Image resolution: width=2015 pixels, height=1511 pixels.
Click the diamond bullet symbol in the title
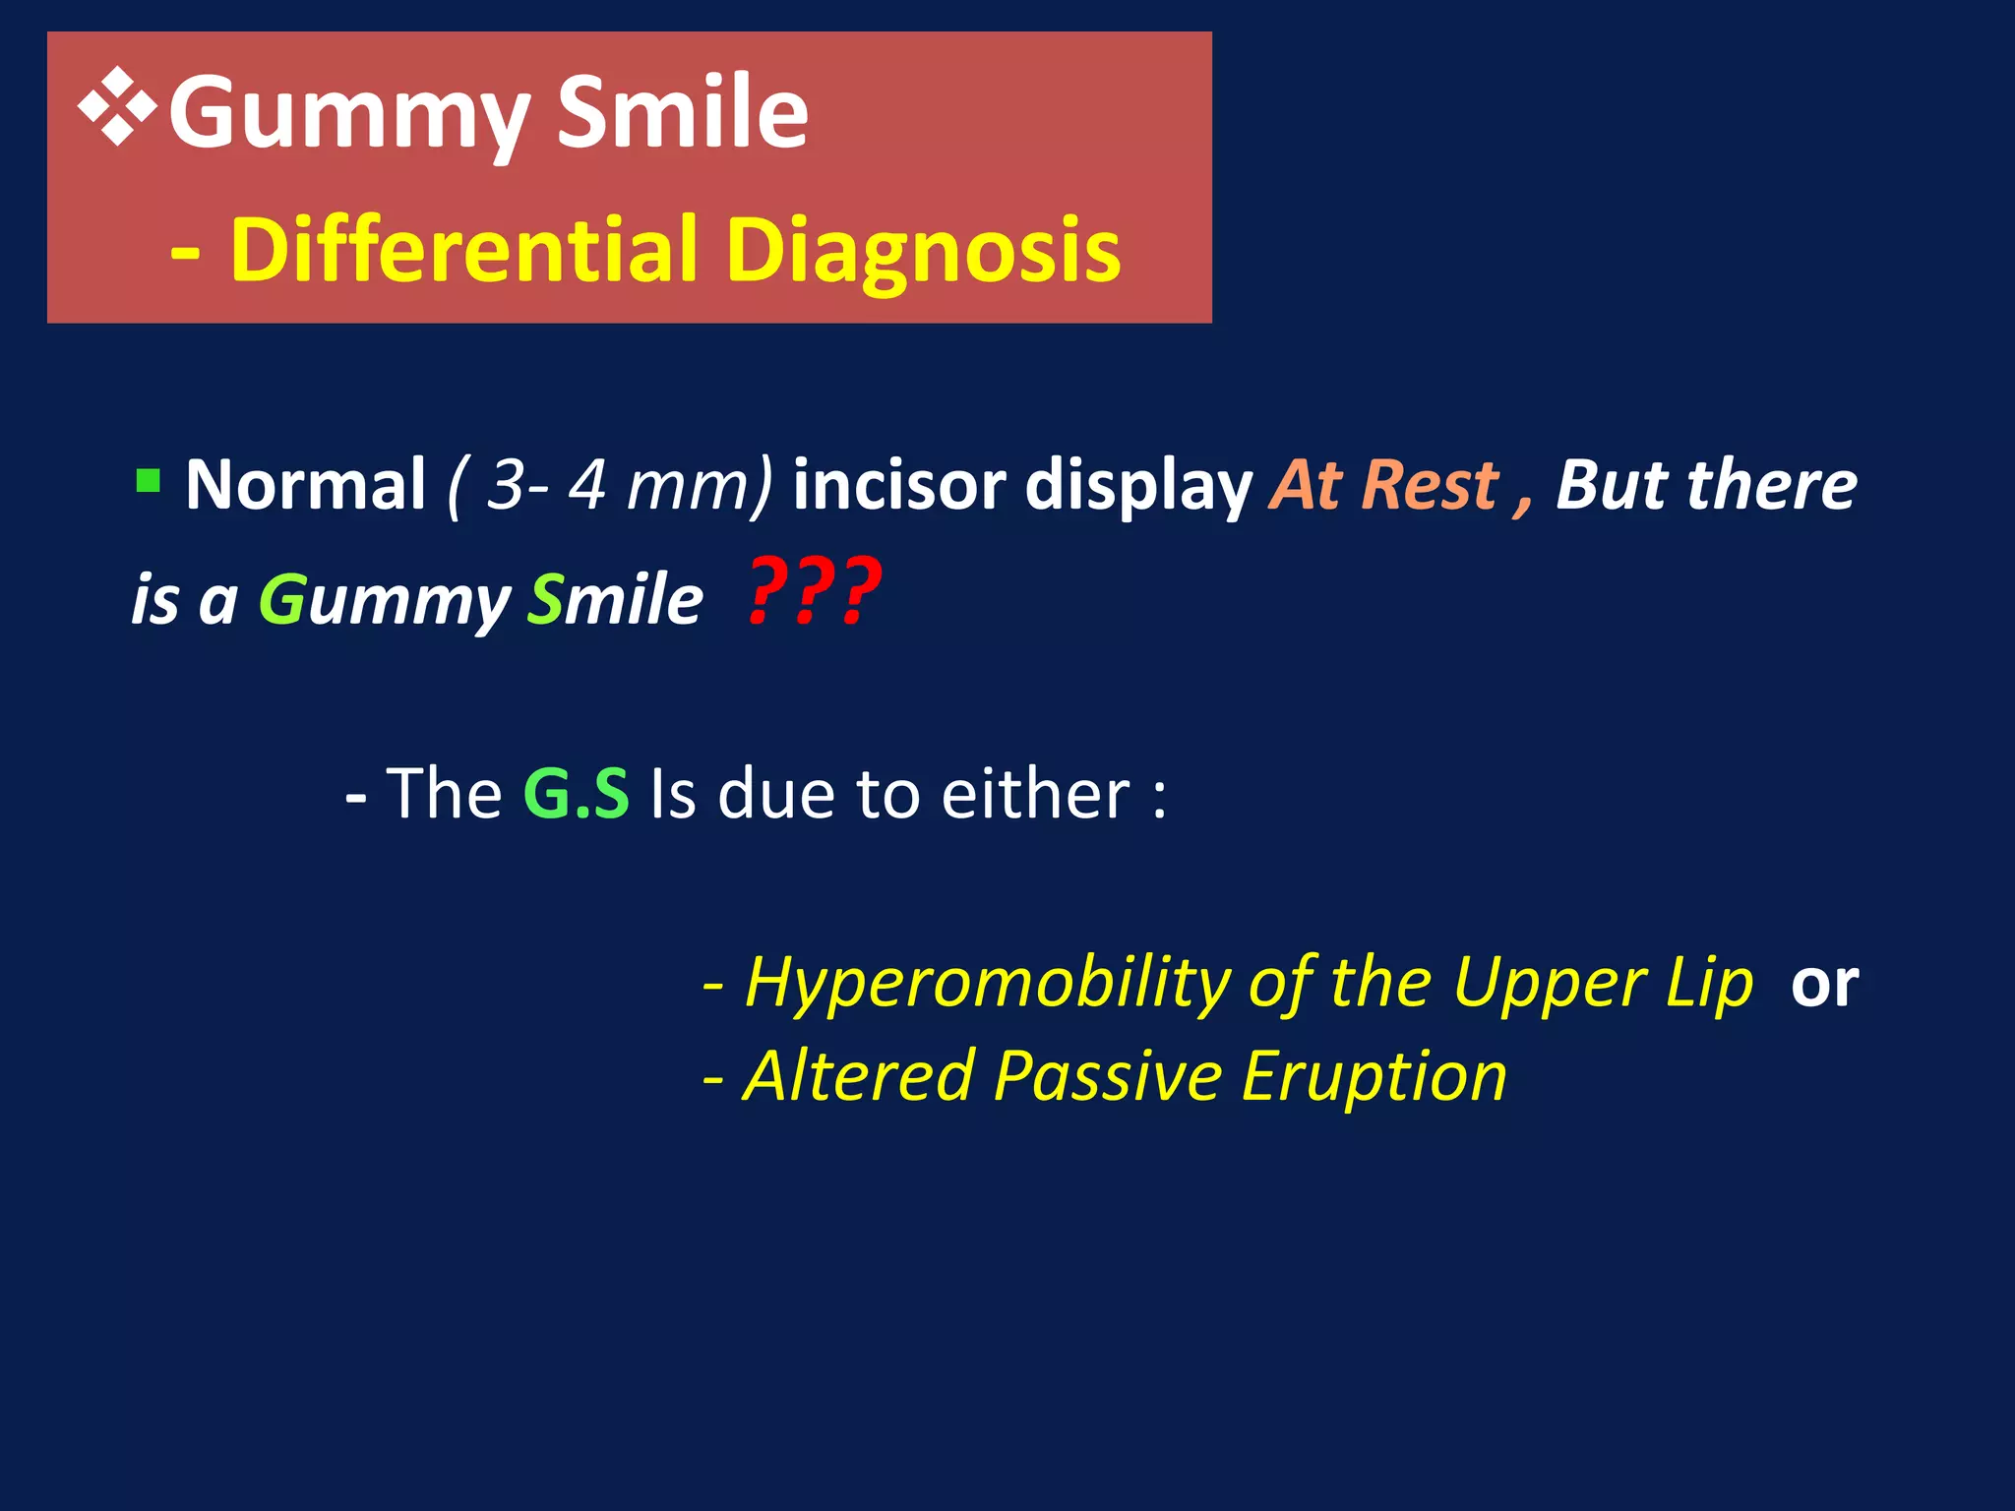[x=117, y=107]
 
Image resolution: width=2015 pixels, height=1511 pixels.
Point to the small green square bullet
[x=148, y=481]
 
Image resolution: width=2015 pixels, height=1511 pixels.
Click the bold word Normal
[x=305, y=485]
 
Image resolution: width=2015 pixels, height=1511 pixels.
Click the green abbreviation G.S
[x=576, y=793]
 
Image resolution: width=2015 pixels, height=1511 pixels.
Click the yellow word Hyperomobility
[x=987, y=984]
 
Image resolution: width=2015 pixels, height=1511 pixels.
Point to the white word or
[x=1824, y=984]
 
